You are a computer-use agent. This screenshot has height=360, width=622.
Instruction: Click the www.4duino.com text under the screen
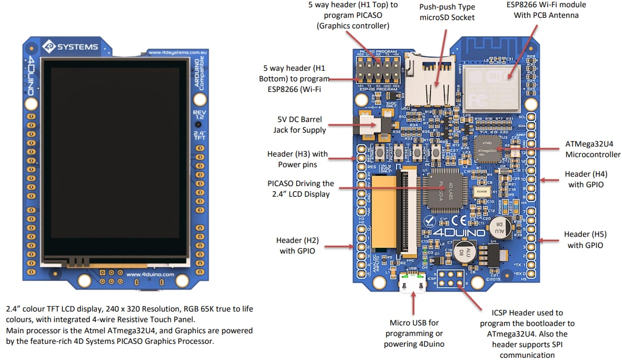pyautogui.click(x=150, y=274)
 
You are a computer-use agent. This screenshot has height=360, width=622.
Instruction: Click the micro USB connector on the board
pyautogui.click(x=413, y=283)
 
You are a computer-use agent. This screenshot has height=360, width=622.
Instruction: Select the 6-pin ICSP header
pyautogui.click(x=451, y=278)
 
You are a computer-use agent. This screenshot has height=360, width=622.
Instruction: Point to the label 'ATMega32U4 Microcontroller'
pyautogui.click(x=592, y=149)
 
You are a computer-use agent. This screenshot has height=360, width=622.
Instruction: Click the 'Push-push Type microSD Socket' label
pyautogui.click(x=447, y=12)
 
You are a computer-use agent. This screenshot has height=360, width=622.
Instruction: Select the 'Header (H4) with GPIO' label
pyautogui.click(x=584, y=179)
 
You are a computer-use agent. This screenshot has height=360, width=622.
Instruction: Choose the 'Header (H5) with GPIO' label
pyautogui.click(x=584, y=240)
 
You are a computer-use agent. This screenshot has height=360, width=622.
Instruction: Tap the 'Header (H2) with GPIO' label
pyautogui.click(x=297, y=245)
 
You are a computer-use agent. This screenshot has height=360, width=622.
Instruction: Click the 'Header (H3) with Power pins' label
pyautogui.click(x=297, y=159)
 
